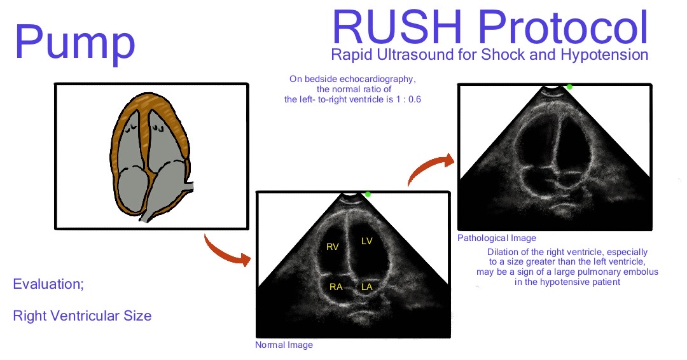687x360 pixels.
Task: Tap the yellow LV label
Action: point(367,240)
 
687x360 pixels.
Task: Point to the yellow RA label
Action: point(336,287)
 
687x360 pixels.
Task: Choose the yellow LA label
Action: point(366,287)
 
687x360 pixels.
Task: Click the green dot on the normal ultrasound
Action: point(368,193)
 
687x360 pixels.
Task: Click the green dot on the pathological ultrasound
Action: point(569,87)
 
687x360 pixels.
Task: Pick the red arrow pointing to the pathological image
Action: point(429,167)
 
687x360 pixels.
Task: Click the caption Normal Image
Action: point(284,345)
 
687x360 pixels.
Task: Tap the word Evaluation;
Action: point(48,284)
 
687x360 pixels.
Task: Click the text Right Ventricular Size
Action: point(82,315)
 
